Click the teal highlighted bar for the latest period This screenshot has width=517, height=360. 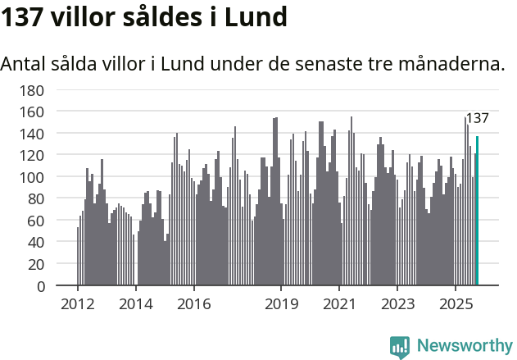coord(477,211)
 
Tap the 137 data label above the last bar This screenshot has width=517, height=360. coord(477,118)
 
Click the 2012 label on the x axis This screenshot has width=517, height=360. coord(78,304)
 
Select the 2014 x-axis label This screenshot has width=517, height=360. coord(135,304)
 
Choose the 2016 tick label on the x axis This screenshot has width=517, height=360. coord(193,304)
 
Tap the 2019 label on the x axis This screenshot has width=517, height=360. coord(281,304)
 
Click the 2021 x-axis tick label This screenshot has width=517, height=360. coord(339,304)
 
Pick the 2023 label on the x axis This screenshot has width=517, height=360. coord(397,304)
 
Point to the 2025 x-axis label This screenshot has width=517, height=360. coord(455,304)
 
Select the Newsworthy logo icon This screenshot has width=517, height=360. coord(400,347)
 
